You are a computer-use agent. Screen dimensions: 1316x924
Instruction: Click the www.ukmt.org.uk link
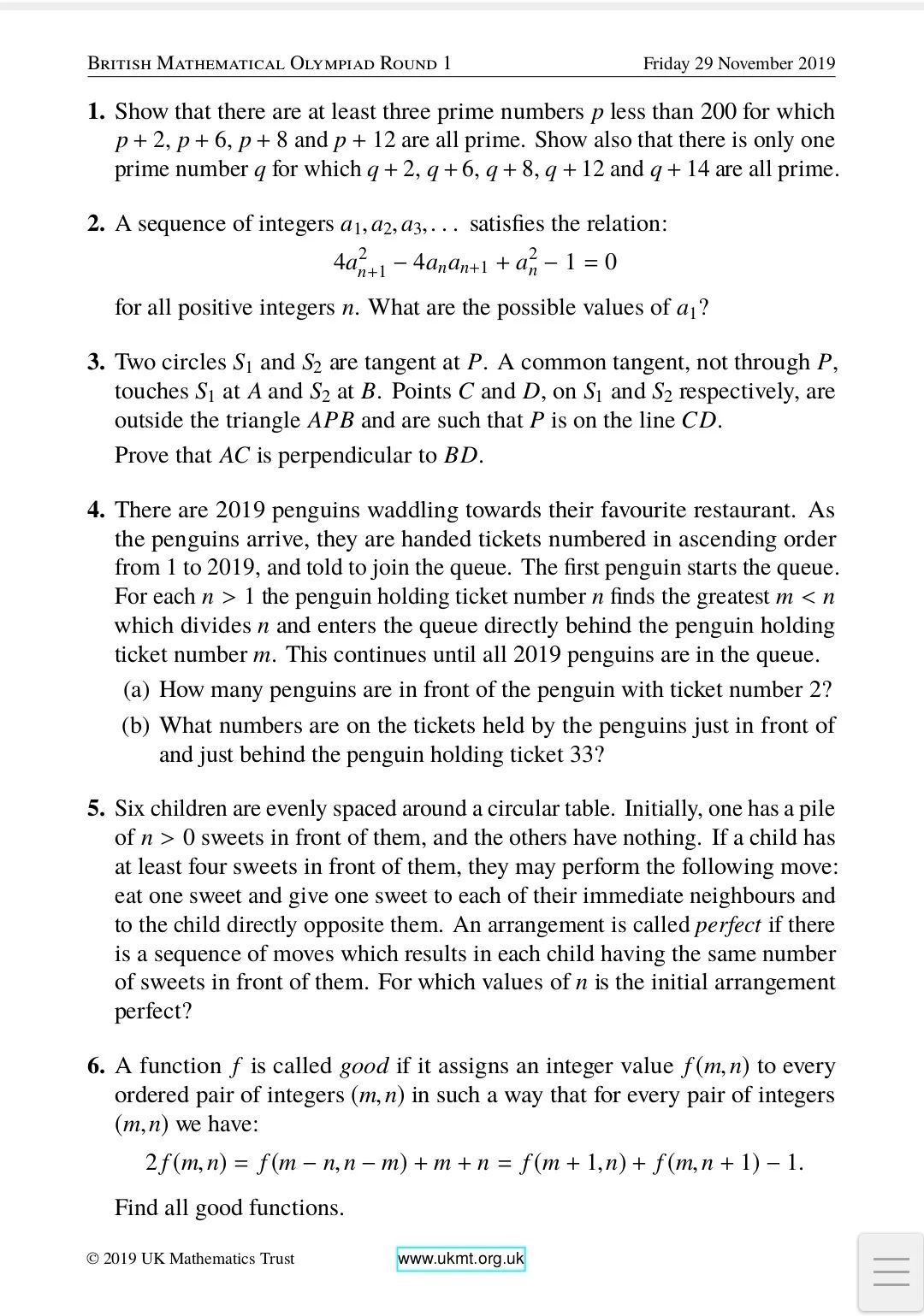point(460,1259)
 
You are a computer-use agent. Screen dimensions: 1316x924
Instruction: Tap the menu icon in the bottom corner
point(891,1272)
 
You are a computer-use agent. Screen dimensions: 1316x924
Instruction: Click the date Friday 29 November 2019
point(738,64)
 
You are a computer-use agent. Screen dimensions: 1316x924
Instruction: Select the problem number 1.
point(96,112)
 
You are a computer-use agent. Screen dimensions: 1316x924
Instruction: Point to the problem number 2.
point(96,224)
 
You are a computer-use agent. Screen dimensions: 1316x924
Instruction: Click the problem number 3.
point(96,363)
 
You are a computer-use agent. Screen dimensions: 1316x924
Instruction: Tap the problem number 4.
point(96,510)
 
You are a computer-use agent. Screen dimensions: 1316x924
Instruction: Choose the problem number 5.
point(96,809)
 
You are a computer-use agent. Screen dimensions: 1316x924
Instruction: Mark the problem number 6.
point(96,1066)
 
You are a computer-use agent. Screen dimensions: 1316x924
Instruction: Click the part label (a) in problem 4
point(137,690)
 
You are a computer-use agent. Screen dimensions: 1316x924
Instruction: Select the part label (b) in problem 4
point(137,726)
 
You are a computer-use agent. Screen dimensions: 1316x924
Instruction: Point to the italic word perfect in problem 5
point(727,925)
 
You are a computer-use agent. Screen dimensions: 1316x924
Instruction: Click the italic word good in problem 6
point(364,1066)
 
